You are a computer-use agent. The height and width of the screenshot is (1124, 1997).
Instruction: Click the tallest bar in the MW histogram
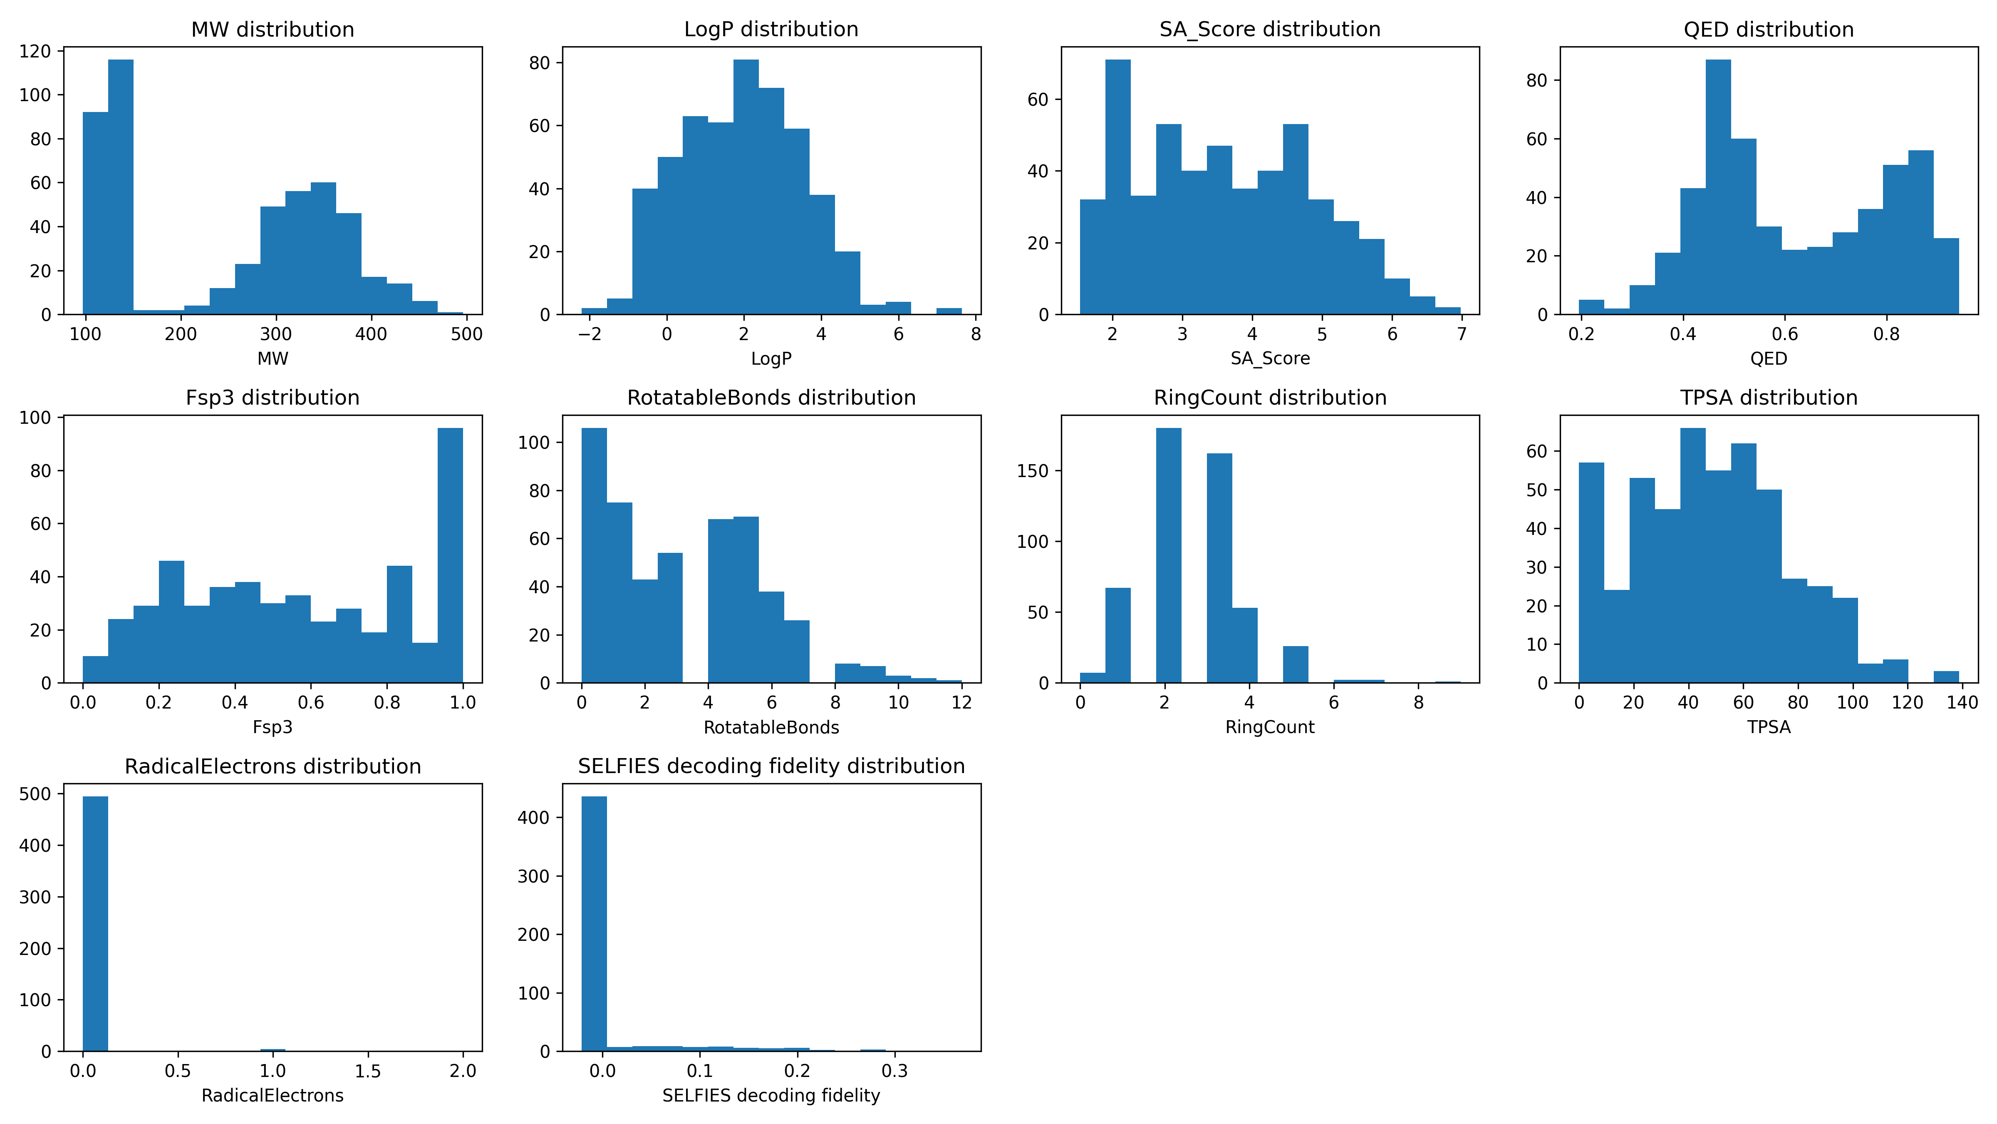point(121,186)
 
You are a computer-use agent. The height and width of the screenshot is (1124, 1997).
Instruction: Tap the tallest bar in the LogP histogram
point(746,186)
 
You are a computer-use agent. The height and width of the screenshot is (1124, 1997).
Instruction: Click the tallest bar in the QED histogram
point(1718,186)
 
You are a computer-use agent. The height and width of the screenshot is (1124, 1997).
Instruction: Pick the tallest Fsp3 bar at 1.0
point(451,555)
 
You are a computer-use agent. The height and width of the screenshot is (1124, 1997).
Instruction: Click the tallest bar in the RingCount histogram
point(1168,555)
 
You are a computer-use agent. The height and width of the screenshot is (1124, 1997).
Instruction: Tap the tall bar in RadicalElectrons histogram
point(95,923)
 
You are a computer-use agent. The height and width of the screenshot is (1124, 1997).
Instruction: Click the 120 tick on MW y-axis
point(35,51)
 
